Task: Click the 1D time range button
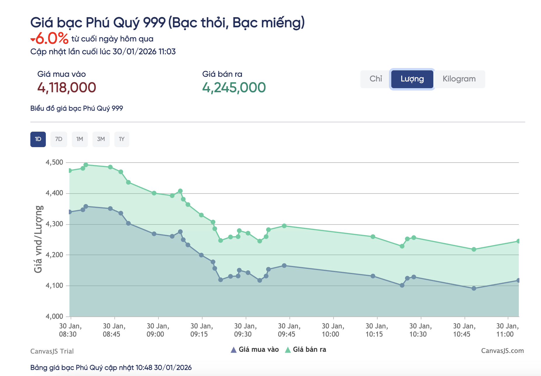coord(38,139)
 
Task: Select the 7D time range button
coord(59,139)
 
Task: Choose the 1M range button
coord(80,139)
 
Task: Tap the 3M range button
coord(101,139)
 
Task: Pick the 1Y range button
coord(122,139)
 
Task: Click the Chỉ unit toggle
coord(376,79)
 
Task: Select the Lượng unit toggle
coord(412,79)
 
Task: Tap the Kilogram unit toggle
coord(459,79)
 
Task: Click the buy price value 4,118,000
coord(67,88)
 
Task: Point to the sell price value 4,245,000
coord(234,88)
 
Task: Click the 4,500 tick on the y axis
coord(55,162)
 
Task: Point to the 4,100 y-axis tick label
coord(55,286)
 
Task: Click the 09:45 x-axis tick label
coord(289,330)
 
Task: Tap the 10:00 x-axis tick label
coord(333,330)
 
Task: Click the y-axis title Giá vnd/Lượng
coord(38,239)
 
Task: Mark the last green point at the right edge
coord(518,241)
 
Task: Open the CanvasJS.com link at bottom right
coord(502,351)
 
